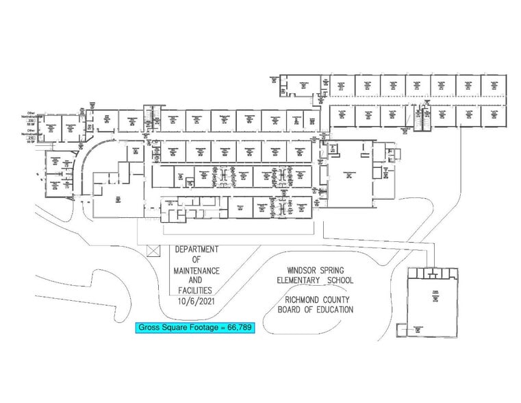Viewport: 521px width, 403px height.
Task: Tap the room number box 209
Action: (31, 119)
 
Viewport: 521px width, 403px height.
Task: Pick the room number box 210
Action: (31, 138)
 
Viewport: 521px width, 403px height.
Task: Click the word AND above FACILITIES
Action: (196, 280)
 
